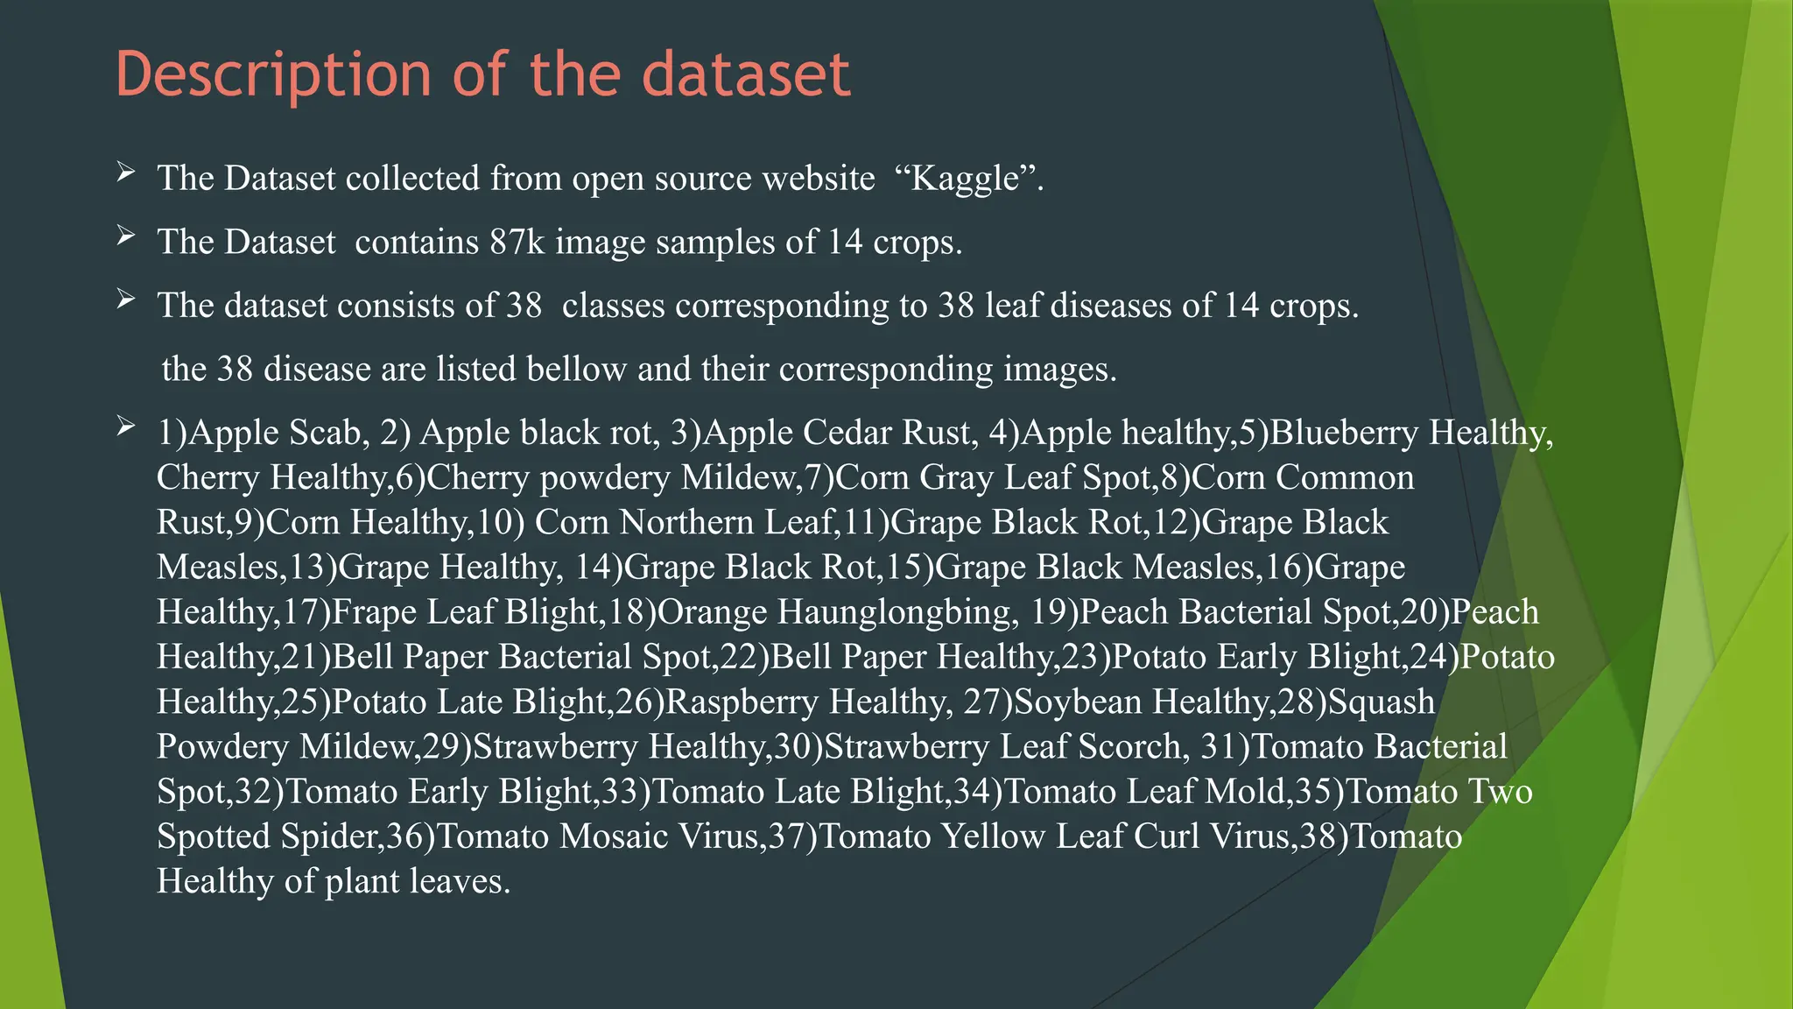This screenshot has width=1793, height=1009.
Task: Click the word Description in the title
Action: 273,74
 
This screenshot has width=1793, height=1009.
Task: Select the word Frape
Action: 375,611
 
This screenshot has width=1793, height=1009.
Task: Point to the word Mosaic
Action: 615,836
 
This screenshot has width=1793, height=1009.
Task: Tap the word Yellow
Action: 993,836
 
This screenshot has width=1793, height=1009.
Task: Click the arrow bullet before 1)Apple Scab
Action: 126,427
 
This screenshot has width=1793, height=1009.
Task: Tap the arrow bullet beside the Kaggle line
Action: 126,173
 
